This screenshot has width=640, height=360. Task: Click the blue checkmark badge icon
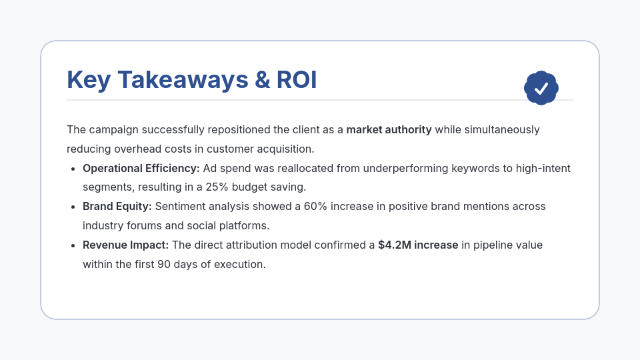click(x=541, y=88)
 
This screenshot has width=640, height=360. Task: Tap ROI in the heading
click(x=297, y=80)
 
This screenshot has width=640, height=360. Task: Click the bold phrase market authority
click(x=389, y=129)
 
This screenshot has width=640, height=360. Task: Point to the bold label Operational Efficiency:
click(x=141, y=168)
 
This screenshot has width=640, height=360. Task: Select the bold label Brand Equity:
click(x=117, y=207)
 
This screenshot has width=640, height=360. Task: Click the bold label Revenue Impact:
click(x=125, y=245)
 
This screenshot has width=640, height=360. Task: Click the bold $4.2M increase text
click(x=418, y=245)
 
